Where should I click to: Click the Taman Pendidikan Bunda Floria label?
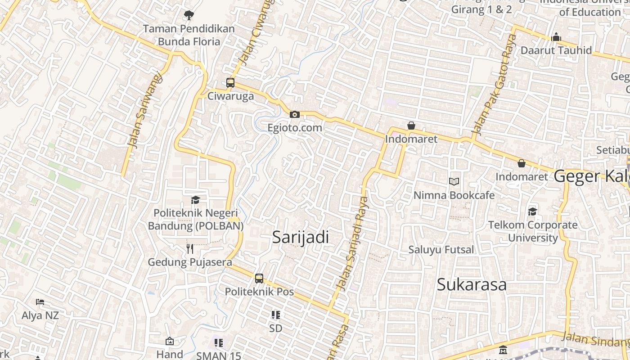189,35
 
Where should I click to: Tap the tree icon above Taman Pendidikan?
189,15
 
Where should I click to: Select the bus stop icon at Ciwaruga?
230,83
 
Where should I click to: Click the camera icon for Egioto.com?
295,115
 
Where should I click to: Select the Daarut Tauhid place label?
556,50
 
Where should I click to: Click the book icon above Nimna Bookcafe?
454,182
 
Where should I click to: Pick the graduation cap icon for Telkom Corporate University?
532,211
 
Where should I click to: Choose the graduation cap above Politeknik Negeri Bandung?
195,200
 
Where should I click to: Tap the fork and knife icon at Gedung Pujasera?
190,249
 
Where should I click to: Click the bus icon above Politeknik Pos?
259,279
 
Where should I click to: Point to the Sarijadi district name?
301,237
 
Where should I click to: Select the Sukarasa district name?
472,284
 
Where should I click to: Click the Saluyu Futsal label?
441,249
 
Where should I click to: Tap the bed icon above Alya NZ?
40,302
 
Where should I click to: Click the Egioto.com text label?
295,128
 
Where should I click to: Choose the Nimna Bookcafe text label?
454,195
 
